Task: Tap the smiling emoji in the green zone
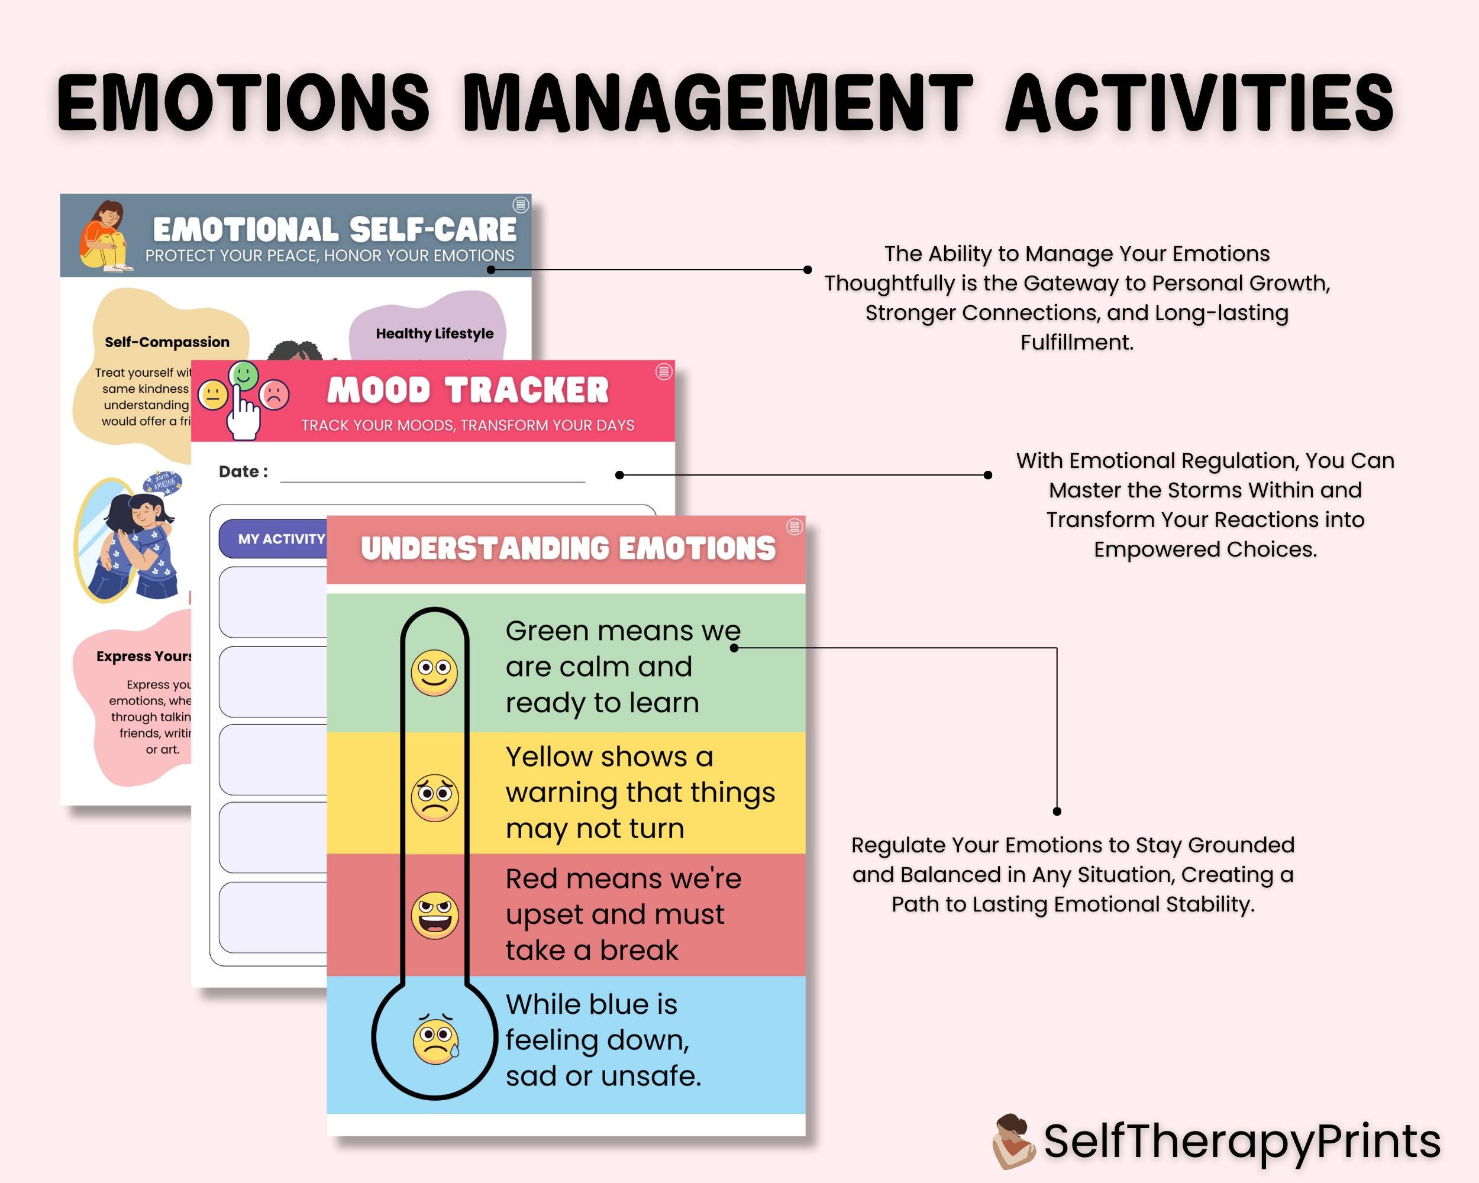(x=434, y=672)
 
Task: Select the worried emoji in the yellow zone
(x=434, y=797)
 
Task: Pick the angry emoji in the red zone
(x=434, y=916)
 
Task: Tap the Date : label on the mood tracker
(x=243, y=471)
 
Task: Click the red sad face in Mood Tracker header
(x=275, y=395)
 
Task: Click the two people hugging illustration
(x=137, y=542)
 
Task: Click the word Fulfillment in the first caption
(x=1076, y=342)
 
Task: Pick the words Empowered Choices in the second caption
(x=1204, y=550)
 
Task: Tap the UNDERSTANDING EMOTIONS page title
(x=568, y=549)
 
